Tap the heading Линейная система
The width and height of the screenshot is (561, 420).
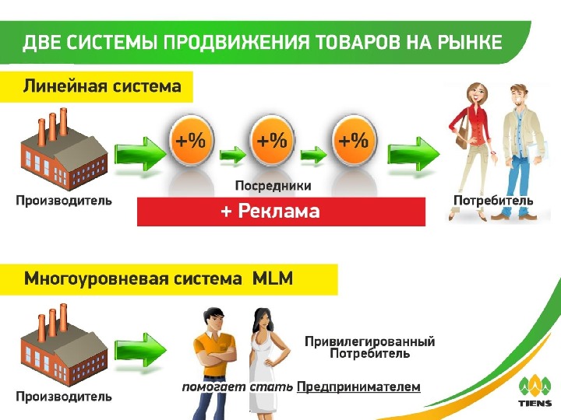coord(102,86)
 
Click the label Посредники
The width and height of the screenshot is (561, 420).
coord(273,186)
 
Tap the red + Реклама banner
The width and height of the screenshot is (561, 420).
coord(281,212)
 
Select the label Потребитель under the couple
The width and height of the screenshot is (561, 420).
coord(493,201)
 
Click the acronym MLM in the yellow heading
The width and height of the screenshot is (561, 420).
coord(273,278)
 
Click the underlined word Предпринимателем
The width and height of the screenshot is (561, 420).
coord(359,387)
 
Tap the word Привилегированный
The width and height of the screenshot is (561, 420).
coord(369,341)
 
